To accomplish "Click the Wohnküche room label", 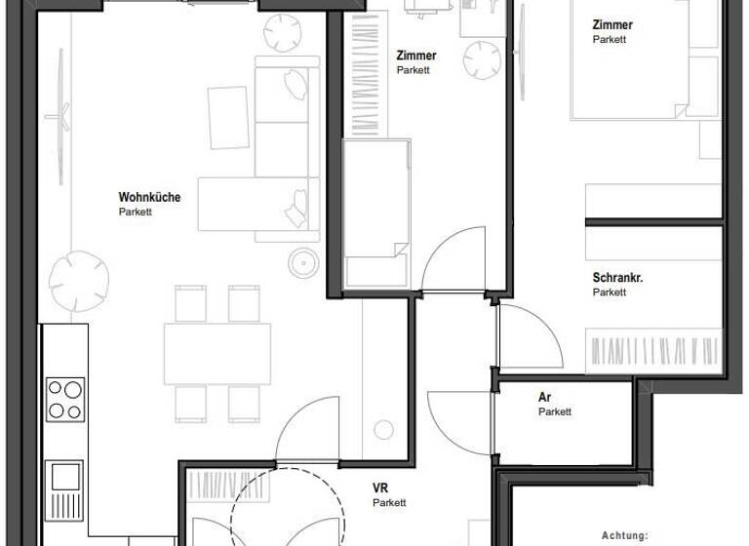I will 149,197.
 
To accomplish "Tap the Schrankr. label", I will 617,278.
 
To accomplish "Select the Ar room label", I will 544,398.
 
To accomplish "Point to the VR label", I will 380,488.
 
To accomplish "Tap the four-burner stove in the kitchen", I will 65,399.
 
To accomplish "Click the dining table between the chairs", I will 217,353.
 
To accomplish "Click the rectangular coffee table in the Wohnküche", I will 228,117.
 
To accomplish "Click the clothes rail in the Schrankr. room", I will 653,349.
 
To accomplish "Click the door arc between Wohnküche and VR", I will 307,429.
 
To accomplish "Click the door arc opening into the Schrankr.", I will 532,336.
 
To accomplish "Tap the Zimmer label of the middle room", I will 415,56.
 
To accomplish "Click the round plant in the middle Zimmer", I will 483,60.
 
